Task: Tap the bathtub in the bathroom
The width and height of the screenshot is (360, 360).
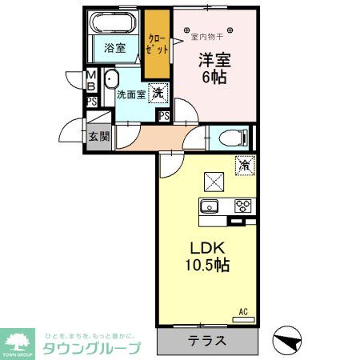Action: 114,24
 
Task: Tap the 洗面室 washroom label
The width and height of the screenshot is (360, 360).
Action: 130,94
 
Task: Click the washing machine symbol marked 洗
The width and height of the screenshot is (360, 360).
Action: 158,93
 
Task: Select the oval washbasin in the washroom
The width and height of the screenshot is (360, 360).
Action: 110,80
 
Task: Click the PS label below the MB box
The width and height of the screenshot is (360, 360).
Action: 92,102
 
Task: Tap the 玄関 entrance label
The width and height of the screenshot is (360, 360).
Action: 98,137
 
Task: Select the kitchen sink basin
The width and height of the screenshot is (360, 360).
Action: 210,206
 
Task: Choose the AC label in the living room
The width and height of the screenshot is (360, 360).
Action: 243,311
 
